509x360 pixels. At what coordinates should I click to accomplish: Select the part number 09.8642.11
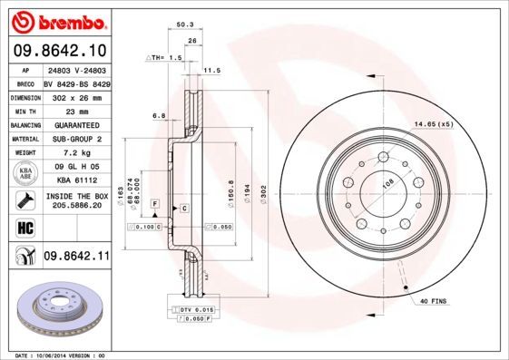[76, 257]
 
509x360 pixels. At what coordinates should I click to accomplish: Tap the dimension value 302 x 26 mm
[76, 95]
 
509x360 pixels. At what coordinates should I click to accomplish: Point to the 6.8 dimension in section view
[159, 116]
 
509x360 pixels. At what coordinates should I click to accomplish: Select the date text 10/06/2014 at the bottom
[64, 355]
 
